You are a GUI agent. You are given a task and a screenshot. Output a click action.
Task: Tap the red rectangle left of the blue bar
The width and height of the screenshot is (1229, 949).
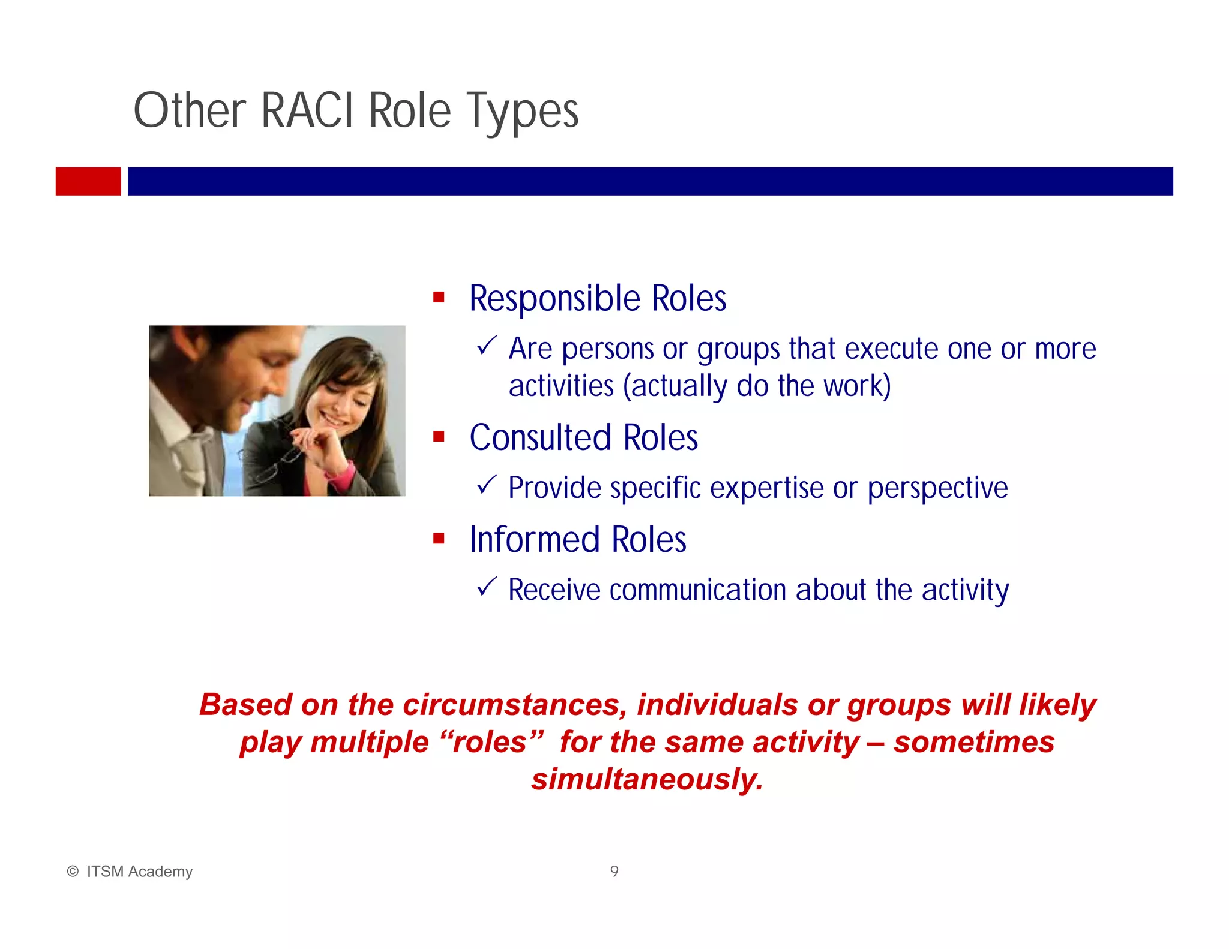(88, 181)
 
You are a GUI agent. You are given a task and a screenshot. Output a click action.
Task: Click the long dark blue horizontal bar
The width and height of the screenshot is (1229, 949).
(650, 181)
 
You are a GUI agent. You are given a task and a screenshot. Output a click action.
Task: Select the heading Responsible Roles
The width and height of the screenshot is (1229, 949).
(597, 298)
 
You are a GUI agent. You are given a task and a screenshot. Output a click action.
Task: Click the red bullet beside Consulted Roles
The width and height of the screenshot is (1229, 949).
(439, 437)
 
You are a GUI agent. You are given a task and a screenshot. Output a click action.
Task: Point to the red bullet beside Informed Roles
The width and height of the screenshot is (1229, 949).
(439, 539)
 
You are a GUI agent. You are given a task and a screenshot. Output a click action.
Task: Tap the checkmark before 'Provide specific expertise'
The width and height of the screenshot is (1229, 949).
(486, 484)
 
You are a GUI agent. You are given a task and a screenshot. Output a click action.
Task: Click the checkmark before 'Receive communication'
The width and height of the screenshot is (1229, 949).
(486, 586)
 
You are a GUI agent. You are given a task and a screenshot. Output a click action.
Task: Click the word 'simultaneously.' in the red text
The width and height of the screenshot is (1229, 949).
(647, 779)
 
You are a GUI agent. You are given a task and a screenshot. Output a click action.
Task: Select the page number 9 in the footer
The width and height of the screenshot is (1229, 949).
(614, 871)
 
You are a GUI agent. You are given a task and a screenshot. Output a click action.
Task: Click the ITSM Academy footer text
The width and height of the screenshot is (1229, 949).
(139, 872)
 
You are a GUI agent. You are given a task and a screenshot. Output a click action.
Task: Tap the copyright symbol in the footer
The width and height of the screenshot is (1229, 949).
(73, 872)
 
